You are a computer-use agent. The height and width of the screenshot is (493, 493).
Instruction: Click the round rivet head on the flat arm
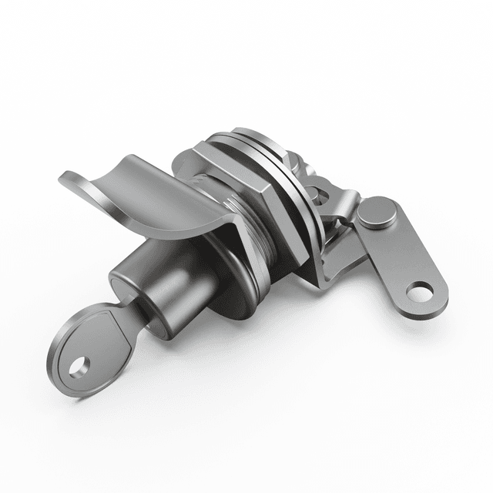[377, 213]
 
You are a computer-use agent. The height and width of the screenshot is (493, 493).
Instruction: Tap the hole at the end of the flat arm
[420, 292]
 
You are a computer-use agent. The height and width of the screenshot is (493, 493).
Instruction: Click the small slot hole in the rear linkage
[311, 192]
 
